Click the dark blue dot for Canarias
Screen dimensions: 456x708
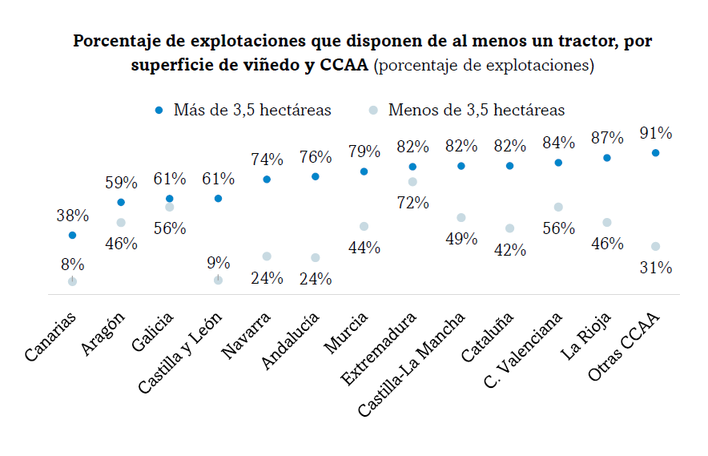73,236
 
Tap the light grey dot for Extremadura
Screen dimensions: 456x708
412,182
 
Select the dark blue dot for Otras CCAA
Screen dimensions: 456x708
656,152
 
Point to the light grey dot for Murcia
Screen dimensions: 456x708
364,226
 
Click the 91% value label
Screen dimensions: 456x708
656,133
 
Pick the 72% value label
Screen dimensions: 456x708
412,203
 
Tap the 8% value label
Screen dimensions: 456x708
73,264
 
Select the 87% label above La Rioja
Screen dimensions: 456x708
607,138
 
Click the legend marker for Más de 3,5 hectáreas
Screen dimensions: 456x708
159,111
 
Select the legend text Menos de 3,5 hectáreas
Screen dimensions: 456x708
477,111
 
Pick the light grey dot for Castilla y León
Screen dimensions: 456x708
218,280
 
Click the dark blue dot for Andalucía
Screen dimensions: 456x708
316,176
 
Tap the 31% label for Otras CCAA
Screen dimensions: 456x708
656,268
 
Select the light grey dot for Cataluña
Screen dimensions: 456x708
509,228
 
